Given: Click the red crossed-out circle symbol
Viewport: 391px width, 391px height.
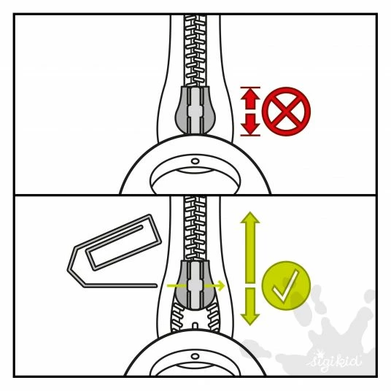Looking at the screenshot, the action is point(286,112).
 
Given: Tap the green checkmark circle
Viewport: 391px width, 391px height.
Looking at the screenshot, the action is point(286,286).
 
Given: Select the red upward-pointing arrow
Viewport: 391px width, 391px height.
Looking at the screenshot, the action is point(250,99).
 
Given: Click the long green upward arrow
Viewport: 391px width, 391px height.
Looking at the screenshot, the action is point(250,247).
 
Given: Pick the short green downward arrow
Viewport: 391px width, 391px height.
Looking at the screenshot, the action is point(250,306).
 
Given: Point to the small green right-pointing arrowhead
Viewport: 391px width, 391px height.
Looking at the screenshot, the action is point(221,285).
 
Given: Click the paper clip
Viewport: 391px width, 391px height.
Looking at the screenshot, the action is point(115,251).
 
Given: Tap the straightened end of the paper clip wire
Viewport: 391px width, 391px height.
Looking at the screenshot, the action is point(155,285).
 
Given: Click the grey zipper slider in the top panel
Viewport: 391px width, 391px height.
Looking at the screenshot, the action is point(195,110).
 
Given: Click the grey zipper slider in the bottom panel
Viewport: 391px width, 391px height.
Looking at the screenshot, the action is point(195,285).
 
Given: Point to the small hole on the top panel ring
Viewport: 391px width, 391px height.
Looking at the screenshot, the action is point(195,161).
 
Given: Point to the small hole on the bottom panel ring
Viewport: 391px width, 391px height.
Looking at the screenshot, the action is point(195,356).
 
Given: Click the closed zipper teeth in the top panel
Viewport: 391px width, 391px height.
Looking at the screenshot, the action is point(195,50).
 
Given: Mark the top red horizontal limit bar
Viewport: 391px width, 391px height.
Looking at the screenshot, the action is point(250,88).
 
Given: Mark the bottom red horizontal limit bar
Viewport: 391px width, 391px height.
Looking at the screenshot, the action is point(250,136).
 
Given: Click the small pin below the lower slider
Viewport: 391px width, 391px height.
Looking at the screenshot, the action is point(195,326).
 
